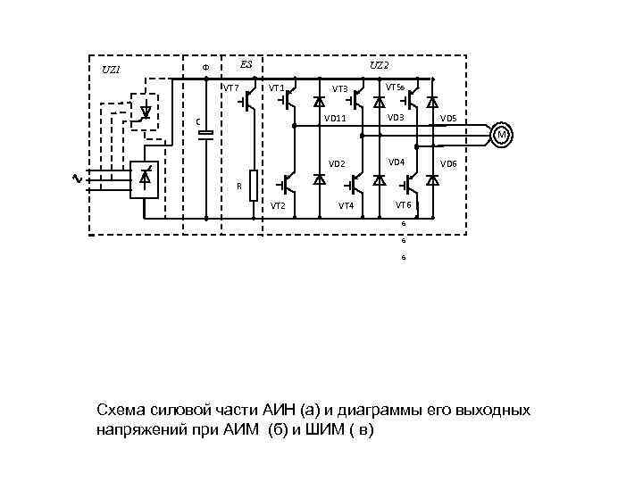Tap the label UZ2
(379, 65)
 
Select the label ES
(246, 64)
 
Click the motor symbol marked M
(502, 135)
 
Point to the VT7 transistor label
(230, 87)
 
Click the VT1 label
(277, 87)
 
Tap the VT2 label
(278, 206)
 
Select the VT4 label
(346, 206)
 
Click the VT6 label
(404, 204)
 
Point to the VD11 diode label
(335, 118)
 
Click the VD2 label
(337, 164)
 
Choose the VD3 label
(396, 118)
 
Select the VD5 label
(448, 119)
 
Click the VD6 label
(448, 164)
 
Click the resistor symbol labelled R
(254, 186)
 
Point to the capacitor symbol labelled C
(206, 136)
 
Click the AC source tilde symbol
(76, 179)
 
